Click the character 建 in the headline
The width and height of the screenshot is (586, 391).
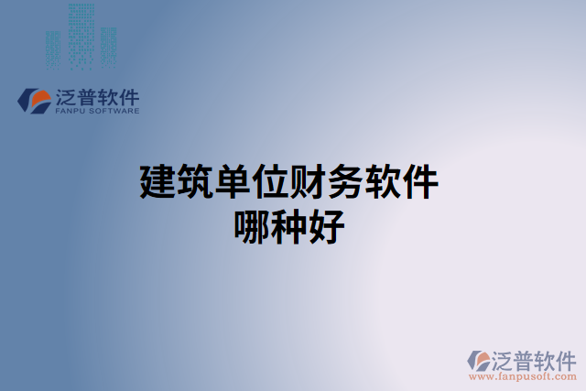[x=157, y=183]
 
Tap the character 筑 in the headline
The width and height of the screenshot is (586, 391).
[x=195, y=183]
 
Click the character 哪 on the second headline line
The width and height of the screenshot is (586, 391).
[x=254, y=225]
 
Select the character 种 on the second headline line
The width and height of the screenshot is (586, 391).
[x=291, y=225]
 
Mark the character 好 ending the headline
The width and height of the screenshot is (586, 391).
[x=329, y=225]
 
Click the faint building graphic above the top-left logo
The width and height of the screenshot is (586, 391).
[x=81, y=37]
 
